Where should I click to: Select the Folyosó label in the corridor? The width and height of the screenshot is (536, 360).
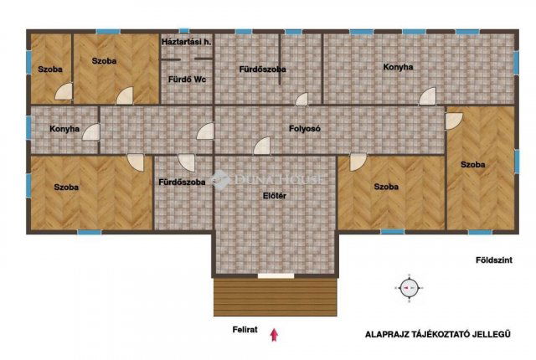click(306, 128)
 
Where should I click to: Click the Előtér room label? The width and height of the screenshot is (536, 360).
click(275, 197)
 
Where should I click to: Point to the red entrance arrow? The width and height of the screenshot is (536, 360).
click(273, 335)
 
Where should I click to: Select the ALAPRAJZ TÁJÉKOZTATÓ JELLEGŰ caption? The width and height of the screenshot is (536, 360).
click(437, 333)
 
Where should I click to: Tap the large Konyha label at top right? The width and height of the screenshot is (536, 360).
click(398, 66)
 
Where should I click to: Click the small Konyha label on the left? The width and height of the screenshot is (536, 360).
click(64, 129)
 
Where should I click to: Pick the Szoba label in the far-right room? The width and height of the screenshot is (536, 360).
click(472, 164)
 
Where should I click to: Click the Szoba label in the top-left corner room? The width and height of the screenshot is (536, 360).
click(47, 68)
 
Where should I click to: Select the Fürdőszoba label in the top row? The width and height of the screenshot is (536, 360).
click(262, 68)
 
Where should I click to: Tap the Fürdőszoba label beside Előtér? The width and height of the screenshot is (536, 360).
click(182, 182)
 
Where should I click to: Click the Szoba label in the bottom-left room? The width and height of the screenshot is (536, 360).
click(66, 187)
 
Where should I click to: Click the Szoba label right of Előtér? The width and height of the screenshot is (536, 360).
click(386, 186)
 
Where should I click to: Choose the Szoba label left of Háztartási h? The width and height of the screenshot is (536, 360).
click(104, 60)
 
